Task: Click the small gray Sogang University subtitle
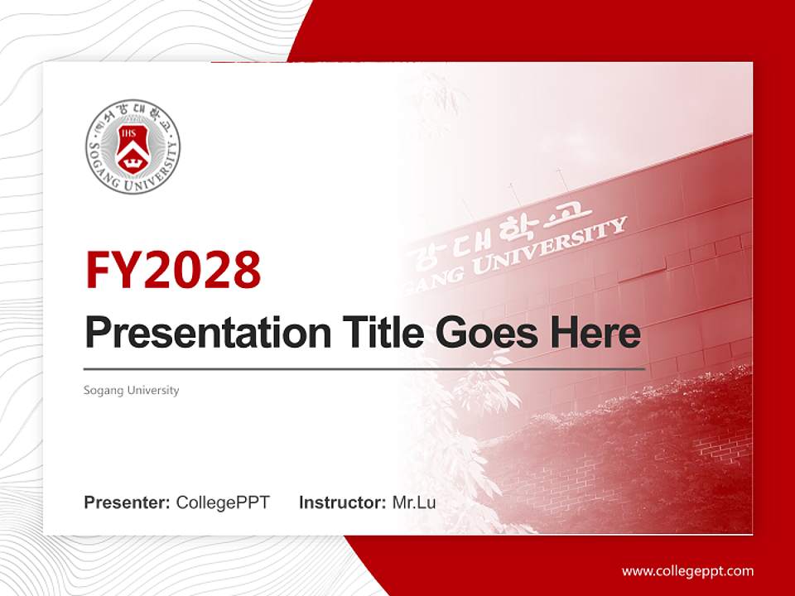click(x=131, y=390)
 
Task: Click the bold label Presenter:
click(x=128, y=502)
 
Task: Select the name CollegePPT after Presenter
click(x=223, y=502)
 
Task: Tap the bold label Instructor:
click(x=342, y=502)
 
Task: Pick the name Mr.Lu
click(x=414, y=502)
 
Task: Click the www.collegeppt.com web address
click(x=687, y=570)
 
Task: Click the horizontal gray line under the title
click(x=364, y=368)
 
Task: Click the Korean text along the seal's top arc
click(x=132, y=110)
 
